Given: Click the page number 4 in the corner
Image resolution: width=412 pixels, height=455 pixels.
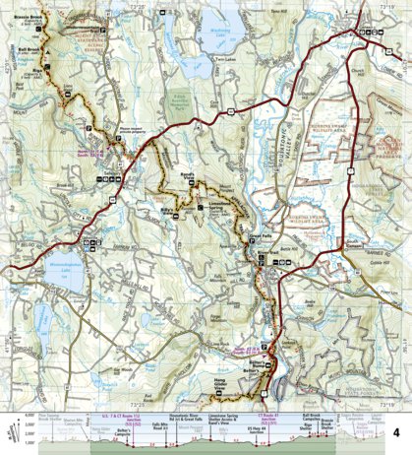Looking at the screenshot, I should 396,406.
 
